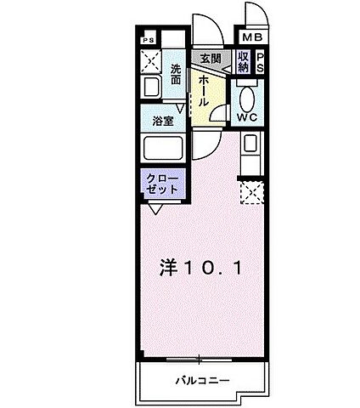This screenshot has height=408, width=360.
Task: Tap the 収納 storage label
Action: pyautogui.click(x=243, y=61)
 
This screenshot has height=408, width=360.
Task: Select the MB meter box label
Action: pyautogui.click(x=252, y=38)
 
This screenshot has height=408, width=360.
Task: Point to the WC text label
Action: pyautogui.click(x=247, y=117)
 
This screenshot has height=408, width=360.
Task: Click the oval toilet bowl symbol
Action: pyautogui.click(x=247, y=95)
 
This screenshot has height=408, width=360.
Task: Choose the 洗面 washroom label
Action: pyautogui.click(x=175, y=74)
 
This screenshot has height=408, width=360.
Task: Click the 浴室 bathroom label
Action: pyautogui.click(x=164, y=121)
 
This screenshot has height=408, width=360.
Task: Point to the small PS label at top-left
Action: pyautogui.click(x=148, y=40)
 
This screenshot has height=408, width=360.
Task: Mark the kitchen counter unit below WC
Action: pyautogui.click(x=251, y=153)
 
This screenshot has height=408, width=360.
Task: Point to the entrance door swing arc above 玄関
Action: pyautogui.click(x=205, y=31)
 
